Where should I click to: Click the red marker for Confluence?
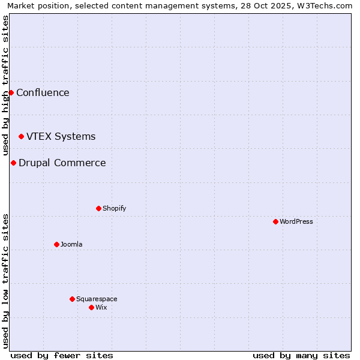point(11,92)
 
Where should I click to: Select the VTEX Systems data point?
point(21,137)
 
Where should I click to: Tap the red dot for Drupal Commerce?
point(13,163)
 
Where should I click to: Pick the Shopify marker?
point(98,208)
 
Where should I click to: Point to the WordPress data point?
point(275,221)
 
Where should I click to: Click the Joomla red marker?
point(56,244)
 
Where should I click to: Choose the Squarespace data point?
point(72,299)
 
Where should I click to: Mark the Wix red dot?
point(91,307)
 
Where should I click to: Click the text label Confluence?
point(43,92)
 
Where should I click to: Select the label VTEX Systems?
point(61,136)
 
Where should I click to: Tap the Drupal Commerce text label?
point(62,163)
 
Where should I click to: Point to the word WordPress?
point(296,221)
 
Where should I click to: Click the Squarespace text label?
point(97,299)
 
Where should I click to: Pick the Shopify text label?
point(114,208)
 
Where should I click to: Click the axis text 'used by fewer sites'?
point(62,355)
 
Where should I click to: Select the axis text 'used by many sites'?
point(301,355)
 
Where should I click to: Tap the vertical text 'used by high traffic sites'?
point(5,86)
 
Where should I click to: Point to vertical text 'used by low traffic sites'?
point(5,281)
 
